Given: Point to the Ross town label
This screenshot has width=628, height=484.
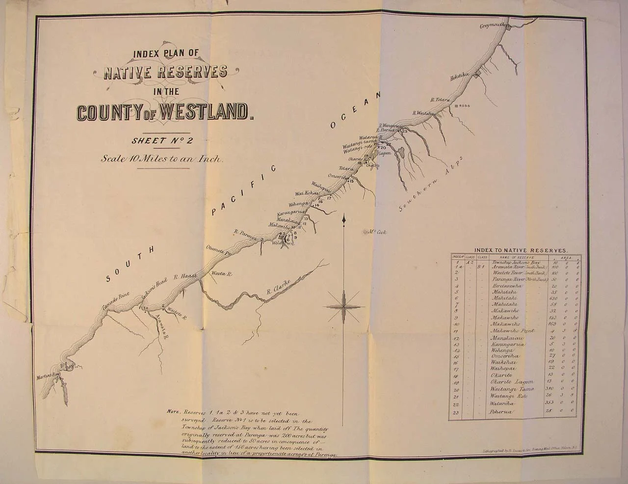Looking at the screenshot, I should [x=464, y=106].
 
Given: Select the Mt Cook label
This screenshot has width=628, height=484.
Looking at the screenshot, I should [x=377, y=232].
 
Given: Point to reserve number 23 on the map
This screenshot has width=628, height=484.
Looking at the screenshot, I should [x=405, y=132].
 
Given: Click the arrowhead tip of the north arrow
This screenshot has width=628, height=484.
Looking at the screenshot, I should [x=346, y=216].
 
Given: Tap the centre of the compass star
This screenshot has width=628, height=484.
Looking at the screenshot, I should [x=345, y=306].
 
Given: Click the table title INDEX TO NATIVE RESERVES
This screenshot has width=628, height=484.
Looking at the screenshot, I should [x=518, y=250].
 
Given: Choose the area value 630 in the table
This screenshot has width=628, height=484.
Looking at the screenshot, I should [x=555, y=298].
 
